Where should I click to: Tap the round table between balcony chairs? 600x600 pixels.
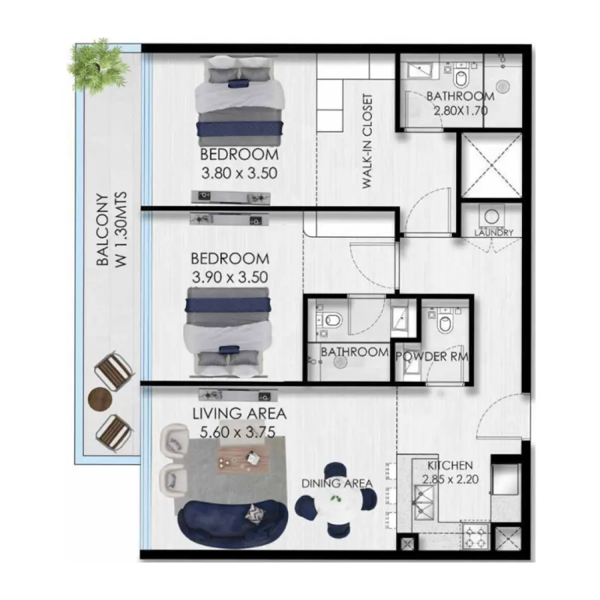99,399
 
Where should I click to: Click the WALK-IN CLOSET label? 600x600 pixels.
368,141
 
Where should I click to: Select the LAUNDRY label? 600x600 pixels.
494,233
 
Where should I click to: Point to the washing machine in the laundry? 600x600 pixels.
490,215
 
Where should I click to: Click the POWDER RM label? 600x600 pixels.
431,357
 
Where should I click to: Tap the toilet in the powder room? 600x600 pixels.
444,322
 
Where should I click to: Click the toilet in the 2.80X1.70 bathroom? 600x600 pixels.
461,78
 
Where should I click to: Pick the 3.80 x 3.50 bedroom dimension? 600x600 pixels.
239,173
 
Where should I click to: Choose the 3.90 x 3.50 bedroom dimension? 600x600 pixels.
230,277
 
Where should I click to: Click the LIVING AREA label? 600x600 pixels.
239,414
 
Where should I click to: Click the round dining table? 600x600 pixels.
336,499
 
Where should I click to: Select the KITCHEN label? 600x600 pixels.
449,466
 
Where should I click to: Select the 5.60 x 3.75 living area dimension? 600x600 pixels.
237,433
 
